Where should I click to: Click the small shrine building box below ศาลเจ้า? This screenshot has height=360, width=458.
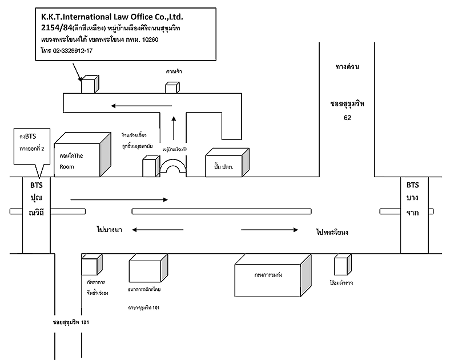(x=172, y=88)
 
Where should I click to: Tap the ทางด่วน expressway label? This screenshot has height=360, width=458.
(x=347, y=67)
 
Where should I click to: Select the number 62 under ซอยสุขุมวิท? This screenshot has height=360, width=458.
(x=347, y=118)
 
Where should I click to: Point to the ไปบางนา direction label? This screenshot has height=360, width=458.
(x=110, y=229)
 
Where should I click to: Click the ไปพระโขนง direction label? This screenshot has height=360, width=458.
(x=332, y=233)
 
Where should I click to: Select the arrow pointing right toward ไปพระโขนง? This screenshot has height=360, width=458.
(x=270, y=230)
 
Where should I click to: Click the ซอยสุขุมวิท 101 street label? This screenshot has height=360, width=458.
(x=71, y=322)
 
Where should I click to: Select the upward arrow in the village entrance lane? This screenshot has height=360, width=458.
(x=175, y=126)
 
